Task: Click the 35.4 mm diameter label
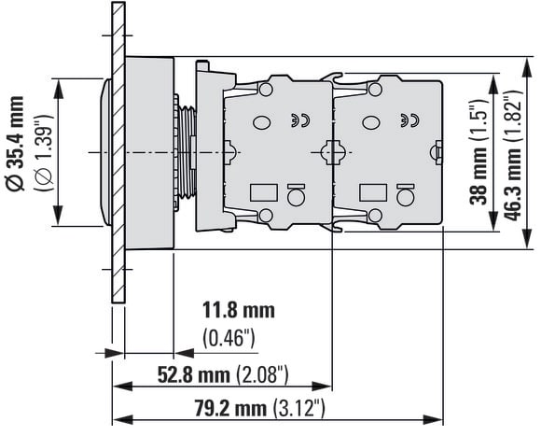(x=16, y=143)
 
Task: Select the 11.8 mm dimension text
(x=239, y=310)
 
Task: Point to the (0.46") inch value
(x=229, y=338)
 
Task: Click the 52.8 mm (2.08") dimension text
(x=223, y=374)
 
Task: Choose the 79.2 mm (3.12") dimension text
(x=259, y=408)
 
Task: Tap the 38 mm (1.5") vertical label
(x=479, y=152)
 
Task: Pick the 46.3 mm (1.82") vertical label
(x=512, y=156)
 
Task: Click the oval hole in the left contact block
(x=262, y=122)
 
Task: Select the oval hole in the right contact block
(x=371, y=122)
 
